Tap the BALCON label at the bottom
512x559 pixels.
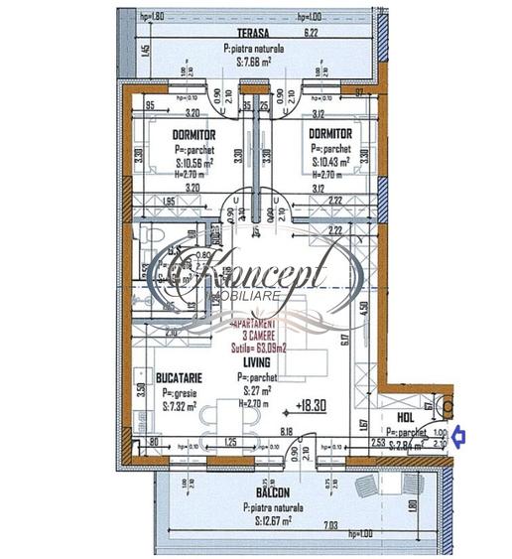271,492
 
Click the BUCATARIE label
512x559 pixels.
180,378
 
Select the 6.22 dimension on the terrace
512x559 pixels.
312,32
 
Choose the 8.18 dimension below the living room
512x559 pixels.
286,431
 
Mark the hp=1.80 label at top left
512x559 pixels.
153,17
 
